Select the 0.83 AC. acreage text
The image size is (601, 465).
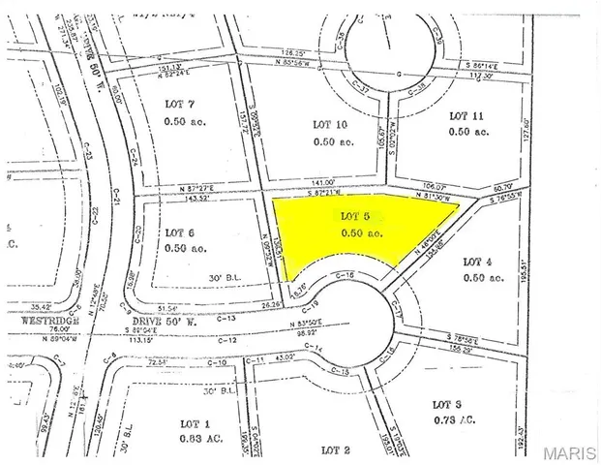(200, 439)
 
